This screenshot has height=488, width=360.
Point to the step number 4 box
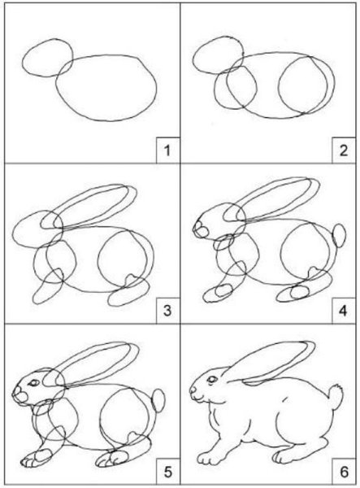(340, 310)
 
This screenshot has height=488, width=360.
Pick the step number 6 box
(340, 470)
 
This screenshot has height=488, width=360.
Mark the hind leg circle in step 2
(302, 86)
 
